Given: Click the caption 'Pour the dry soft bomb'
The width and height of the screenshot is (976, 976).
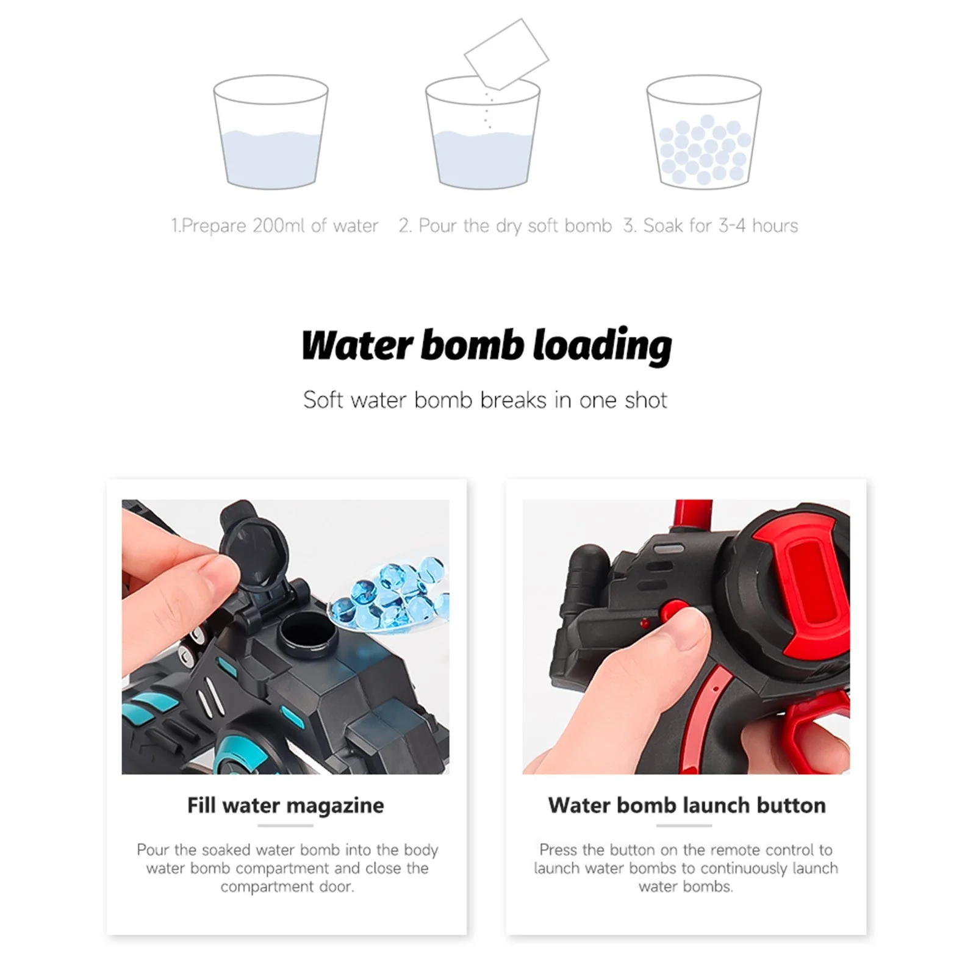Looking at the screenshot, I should coord(505,226).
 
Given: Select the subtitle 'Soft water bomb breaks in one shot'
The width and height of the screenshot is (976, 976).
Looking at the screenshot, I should coord(485,400).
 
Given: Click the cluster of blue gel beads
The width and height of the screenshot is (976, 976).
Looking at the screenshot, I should coord(390,595).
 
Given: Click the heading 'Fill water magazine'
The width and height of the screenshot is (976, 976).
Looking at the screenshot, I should coord(285,805).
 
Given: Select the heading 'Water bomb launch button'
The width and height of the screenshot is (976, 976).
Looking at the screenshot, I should coord(686,805).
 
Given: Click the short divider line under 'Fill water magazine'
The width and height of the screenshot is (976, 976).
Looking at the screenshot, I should coord(285,825).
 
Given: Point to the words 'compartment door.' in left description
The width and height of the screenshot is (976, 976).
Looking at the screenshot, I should coord(287,886).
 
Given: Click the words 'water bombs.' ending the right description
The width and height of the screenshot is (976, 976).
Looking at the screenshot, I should coord(686,886).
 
